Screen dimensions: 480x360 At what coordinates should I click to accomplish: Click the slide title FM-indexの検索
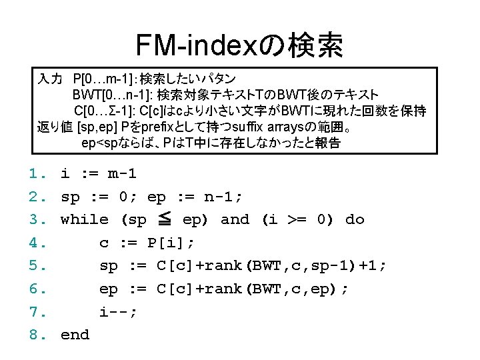tap(239, 45)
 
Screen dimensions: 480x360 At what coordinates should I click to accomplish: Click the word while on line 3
tap(85, 219)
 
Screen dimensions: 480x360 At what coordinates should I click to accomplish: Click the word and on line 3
tap(234, 219)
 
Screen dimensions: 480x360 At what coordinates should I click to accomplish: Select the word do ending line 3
tap(355, 219)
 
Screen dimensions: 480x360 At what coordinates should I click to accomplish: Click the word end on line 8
tap(75, 335)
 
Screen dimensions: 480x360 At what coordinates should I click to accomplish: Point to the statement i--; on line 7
tap(118, 311)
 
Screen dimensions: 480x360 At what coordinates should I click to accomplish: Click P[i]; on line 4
tap(162, 243)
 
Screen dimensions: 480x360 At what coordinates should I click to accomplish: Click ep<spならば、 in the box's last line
tap(117, 142)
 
